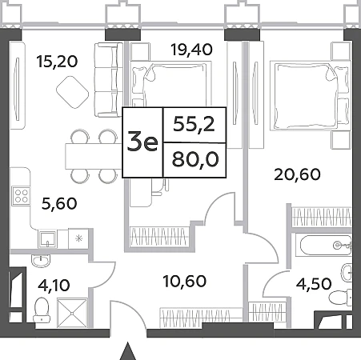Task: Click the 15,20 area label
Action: (x=58, y=62)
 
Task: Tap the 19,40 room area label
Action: (x=192, y=50)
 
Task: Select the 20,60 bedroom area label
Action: (x=297, y=174)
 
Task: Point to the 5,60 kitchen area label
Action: (x=59, y=203)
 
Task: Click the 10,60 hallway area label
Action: (x=185, y=282)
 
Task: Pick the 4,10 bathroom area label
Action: (x=54, y=285)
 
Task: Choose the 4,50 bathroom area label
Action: (x=314, y=284)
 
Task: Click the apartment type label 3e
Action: (x=142, y=143)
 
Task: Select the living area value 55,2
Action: (x=194, y=124)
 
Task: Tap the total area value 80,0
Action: (x=195, y=159)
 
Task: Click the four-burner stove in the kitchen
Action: (x=21, y=196)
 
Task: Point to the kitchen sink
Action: (x=47, y=239)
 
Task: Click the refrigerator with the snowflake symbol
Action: (x=78, y=238)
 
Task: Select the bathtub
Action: (x=326, y=246)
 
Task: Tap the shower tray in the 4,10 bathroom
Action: (x=72, y=313)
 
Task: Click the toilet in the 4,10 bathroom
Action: (x=42, y=310)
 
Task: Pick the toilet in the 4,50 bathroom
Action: (x=340, y=297)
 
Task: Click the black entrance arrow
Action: (x=128, y=350)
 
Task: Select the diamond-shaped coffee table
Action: (x=72, y=92)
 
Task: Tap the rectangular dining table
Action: (x=94, y=156)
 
